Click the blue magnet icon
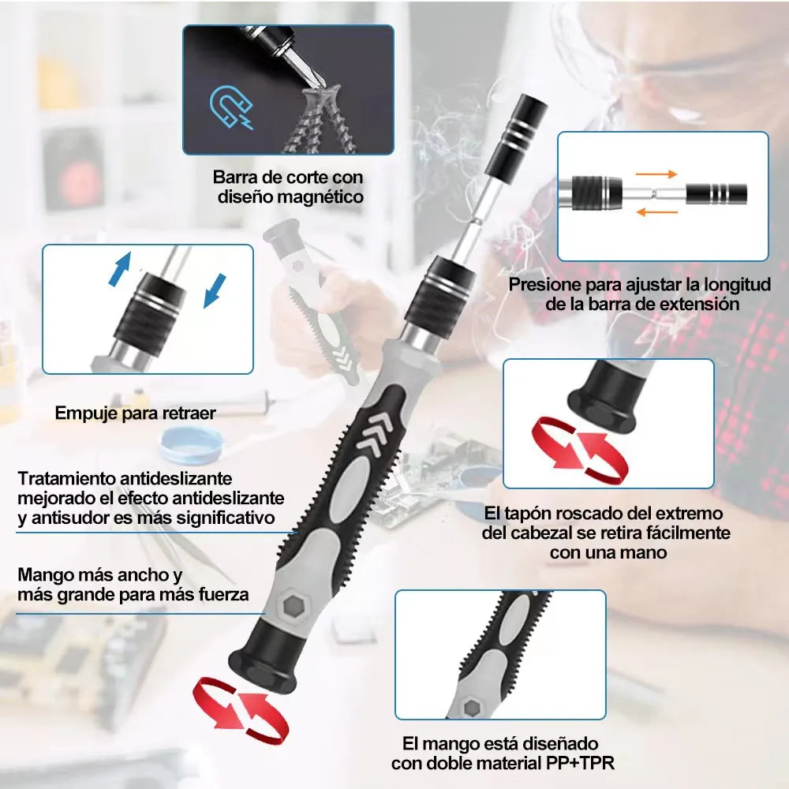click(231, 107)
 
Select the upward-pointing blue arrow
click(120, 269)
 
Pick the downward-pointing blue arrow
click(215, 291)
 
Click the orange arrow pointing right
click(656, 174)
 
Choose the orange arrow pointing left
click(657, 212)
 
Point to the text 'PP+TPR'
click(580, 763)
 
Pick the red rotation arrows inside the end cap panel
click(580, 450)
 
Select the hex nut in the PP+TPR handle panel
click(472, 708)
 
